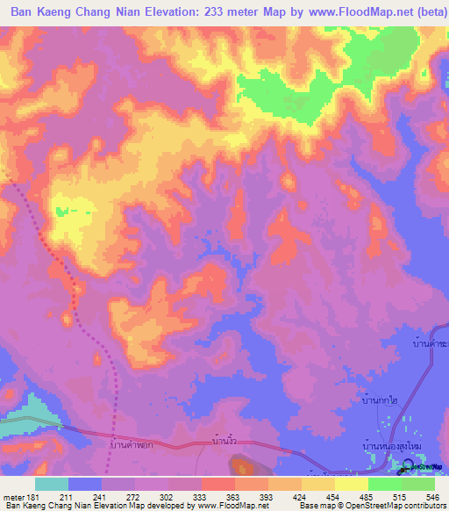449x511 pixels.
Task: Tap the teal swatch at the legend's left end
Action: click(52, 484)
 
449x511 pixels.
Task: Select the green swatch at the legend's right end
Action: click(418, 484)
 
